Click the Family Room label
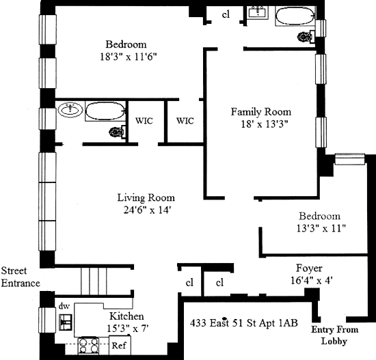click(261, 112)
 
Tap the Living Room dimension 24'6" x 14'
click(147, 210)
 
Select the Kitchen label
click(126, 316)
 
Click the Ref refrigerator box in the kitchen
click(120, 345)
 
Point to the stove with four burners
click(88, 346)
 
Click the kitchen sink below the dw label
click(66, 322)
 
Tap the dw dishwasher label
click(64, 306)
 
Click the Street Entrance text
click(21, 277)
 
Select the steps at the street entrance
click(94, 281)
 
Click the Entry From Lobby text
click(334, 335)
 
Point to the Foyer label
click(309, 268)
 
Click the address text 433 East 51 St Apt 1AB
click(244, 323)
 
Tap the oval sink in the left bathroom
click(70, 110)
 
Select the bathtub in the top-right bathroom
click(295, 16)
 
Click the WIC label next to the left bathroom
click(144, 120)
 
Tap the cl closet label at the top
click(226, 14)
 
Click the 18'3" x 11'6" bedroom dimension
click(129, 57)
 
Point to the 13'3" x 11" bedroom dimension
click(321, 228)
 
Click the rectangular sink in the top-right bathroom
click(258, 12)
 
